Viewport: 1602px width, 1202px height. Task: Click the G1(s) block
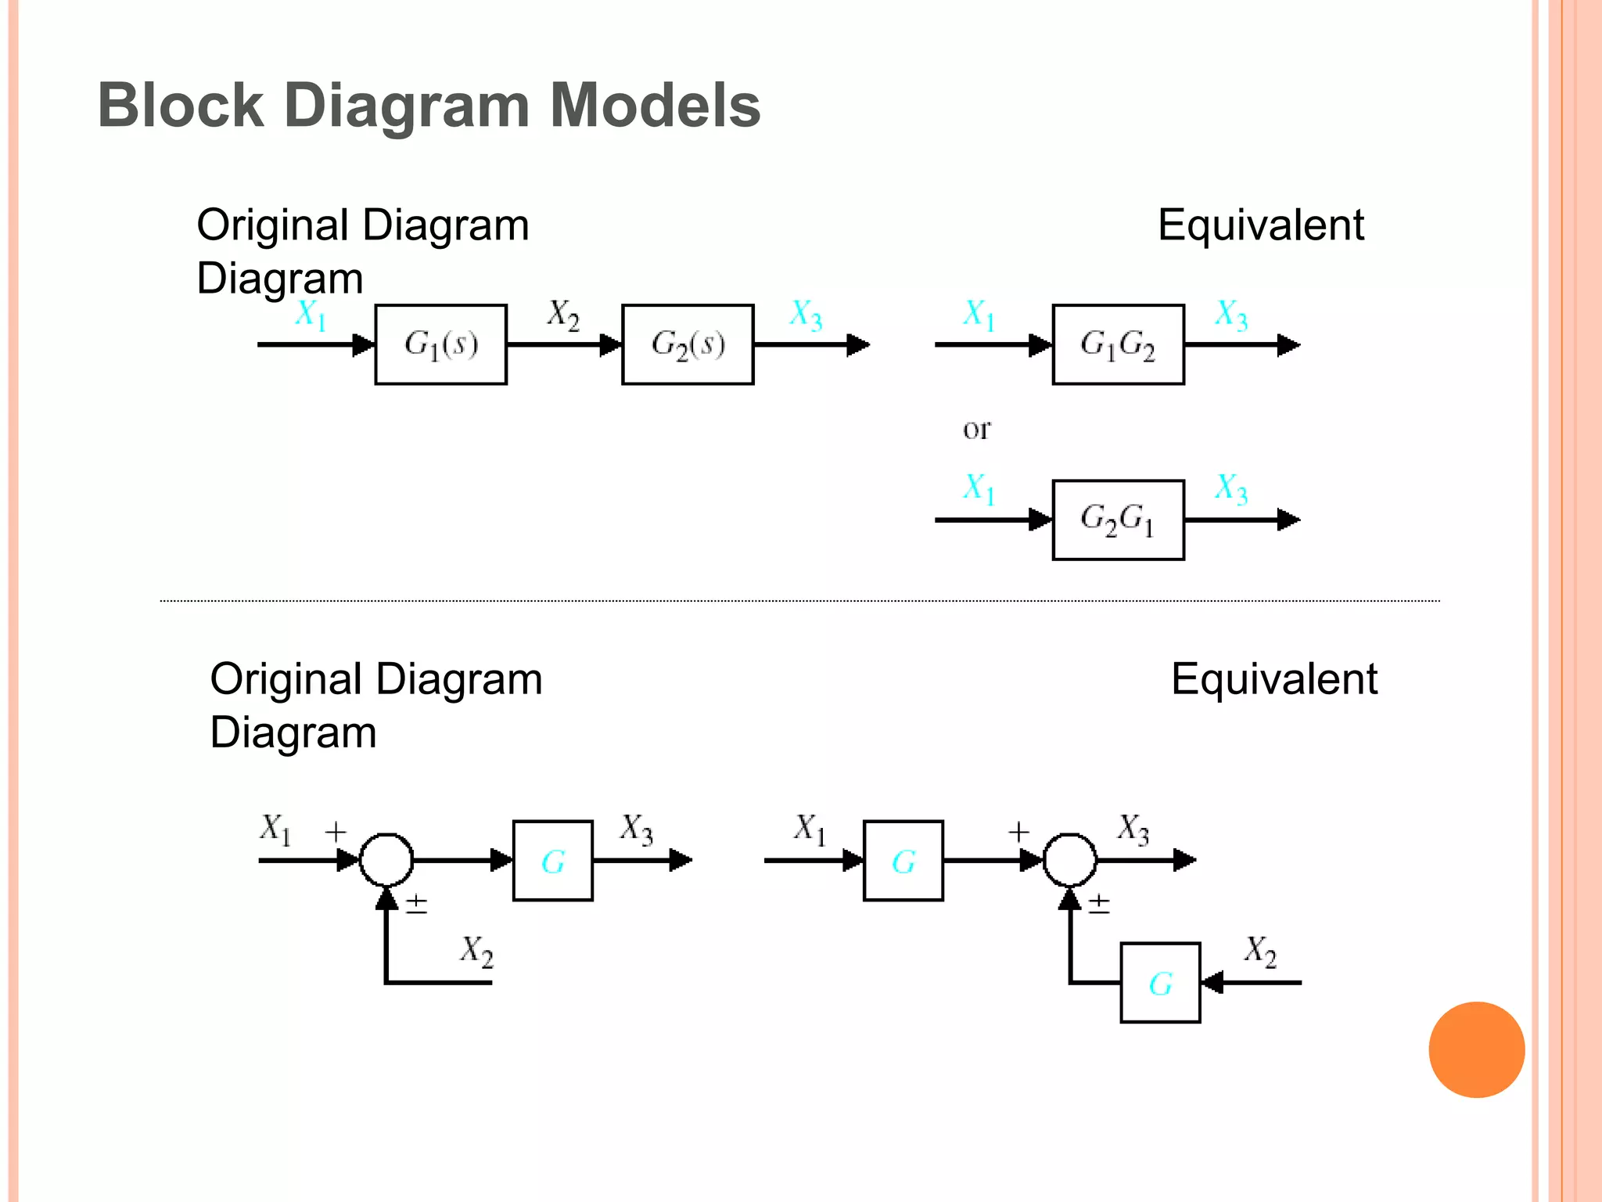coord(440,344)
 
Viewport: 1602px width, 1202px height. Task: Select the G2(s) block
coord(688,344)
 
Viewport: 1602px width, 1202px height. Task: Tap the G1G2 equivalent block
coord(1118,344)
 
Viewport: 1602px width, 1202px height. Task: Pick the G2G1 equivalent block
coord(1118,520)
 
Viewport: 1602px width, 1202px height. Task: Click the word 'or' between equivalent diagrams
coord(976,429)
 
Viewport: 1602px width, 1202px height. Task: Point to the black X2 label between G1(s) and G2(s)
coord(563,315)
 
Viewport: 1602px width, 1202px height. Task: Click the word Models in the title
coord(655,105)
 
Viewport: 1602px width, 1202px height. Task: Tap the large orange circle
coord(1476,1049)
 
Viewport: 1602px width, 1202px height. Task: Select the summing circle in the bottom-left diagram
coord(386,860)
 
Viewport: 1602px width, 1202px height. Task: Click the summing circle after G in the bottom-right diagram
coord(1070,860)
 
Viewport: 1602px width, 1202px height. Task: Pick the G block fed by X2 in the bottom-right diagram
coord(1160,983)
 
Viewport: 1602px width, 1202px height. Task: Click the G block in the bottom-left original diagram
coord(552,861)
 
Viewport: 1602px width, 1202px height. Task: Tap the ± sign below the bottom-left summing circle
coord(417,905)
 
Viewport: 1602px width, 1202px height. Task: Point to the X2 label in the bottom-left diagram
coord(476,951)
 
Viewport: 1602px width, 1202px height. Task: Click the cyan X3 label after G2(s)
coord(806,315)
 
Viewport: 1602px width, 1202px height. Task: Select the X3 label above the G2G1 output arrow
coord(1230,488)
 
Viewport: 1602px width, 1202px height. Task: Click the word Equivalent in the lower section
coord(1273,678)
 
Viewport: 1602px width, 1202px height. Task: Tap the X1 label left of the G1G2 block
coord(979,315)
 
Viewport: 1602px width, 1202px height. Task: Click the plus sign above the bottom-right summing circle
coord(1018,832)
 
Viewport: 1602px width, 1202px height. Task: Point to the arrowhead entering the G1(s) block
coord(365,344)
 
